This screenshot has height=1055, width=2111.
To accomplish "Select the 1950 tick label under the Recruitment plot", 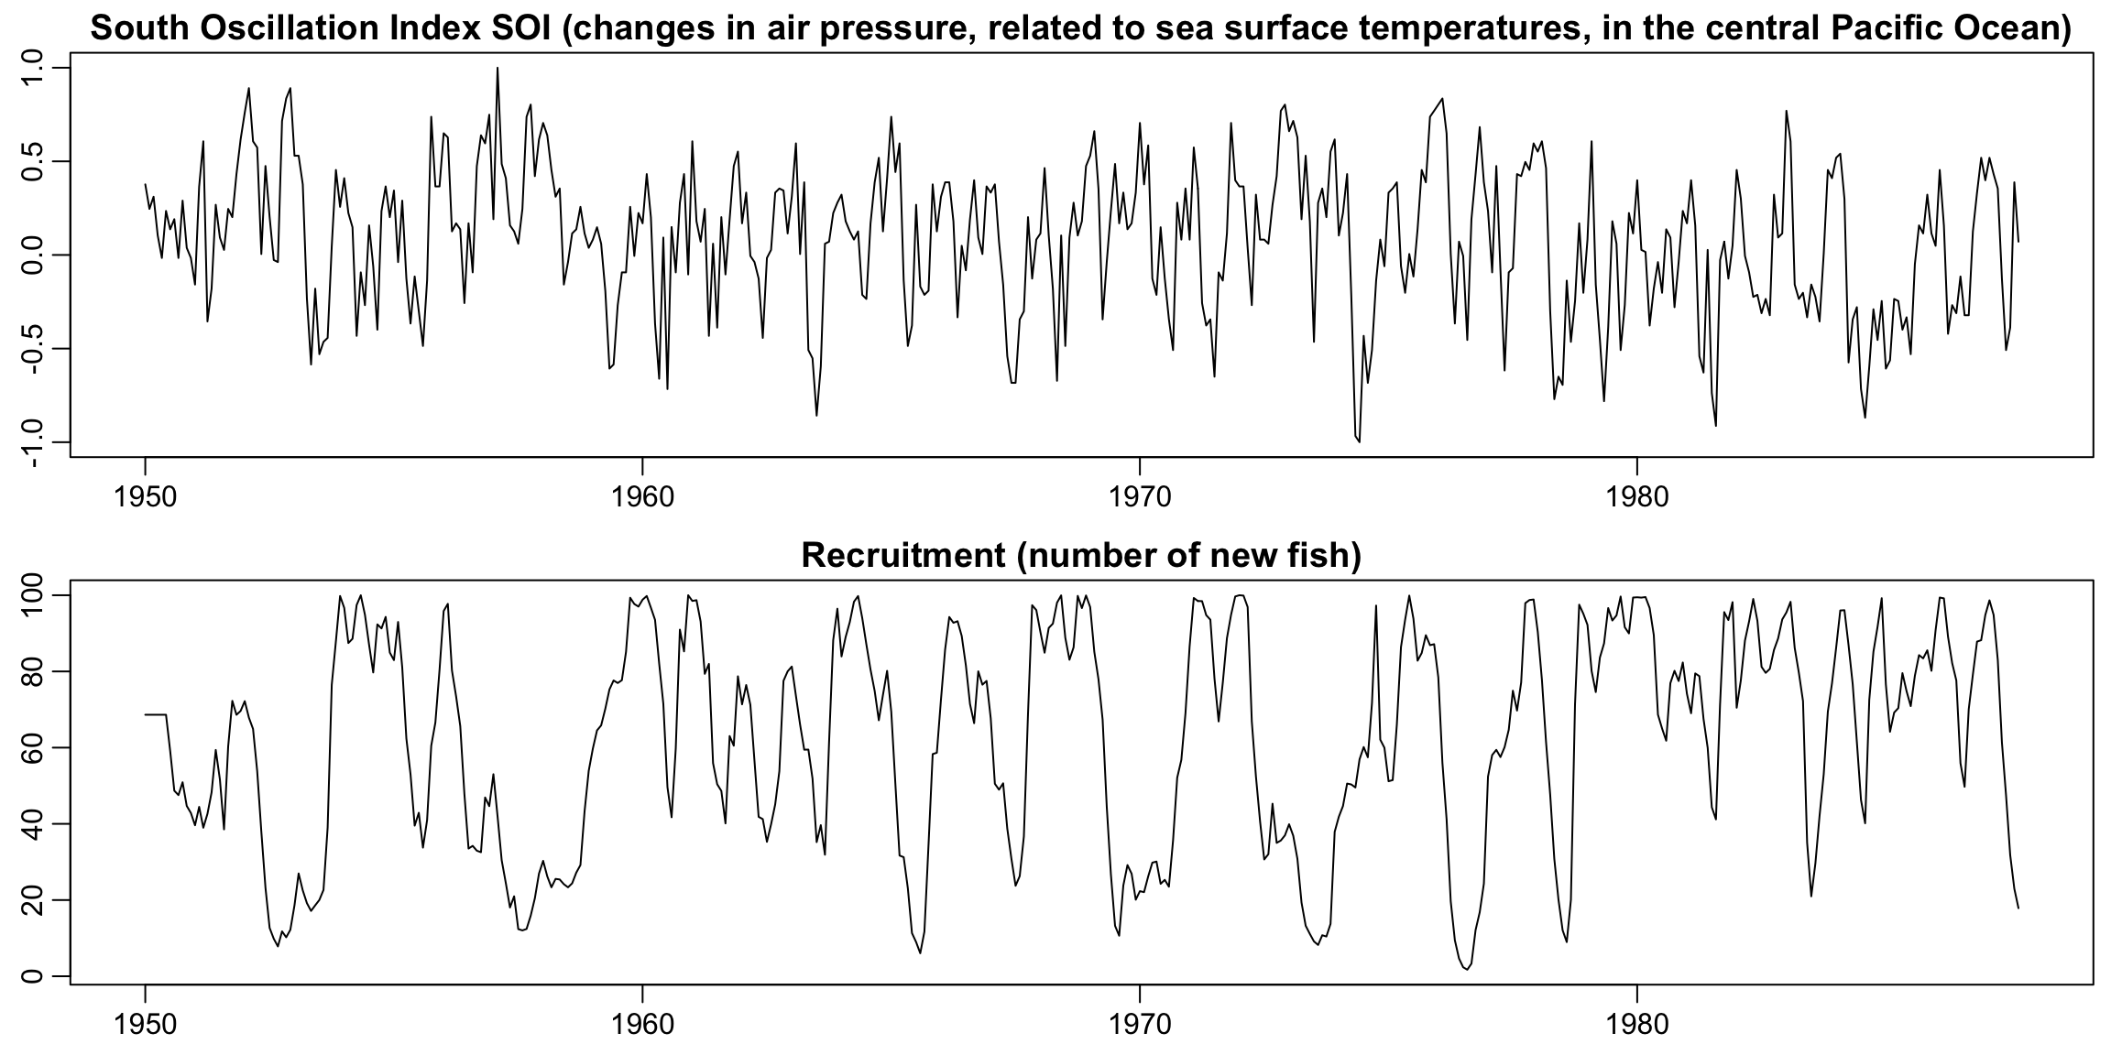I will pos(145,1022).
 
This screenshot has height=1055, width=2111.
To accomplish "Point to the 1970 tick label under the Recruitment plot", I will pos(1139,1022).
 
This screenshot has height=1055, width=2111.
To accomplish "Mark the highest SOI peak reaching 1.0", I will pos(498,69).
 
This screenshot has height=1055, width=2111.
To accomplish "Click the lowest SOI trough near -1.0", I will pos(1359,441).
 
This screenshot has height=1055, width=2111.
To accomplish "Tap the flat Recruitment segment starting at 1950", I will pos(156,714).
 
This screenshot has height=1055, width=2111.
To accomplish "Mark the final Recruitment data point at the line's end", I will pos(2018,908).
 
